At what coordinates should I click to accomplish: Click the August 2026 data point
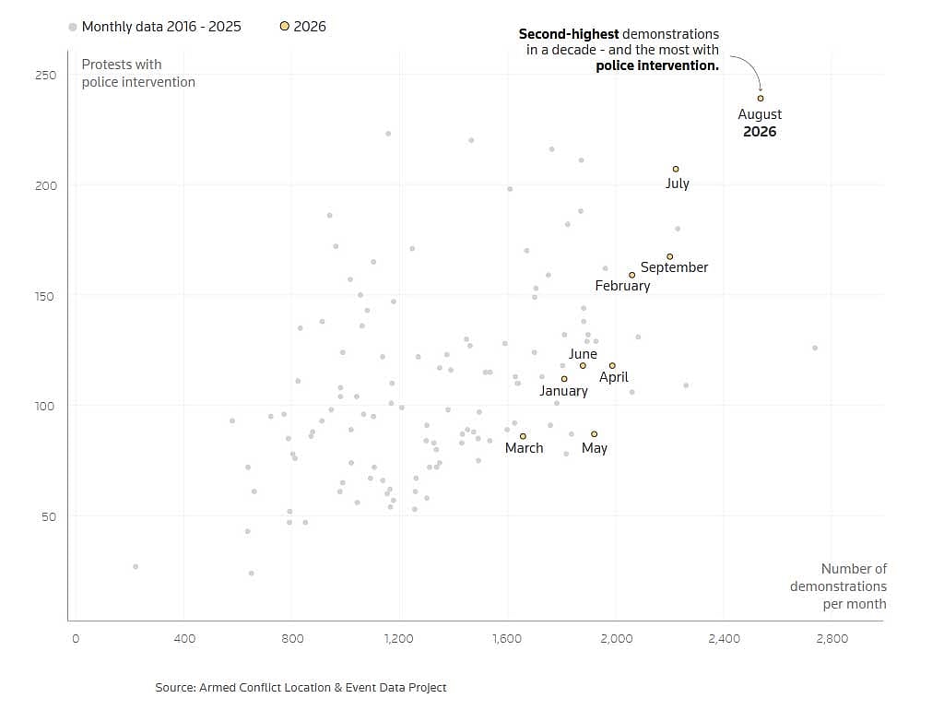click(761, 98)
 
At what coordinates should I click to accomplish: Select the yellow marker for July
click(676, 170)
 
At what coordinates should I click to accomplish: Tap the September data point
click(669, 256)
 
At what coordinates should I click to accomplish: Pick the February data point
click(631, 275)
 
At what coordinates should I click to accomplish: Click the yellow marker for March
click(523, 436)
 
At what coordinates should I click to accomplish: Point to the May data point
click(595, 434)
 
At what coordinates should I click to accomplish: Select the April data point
click(612, 365)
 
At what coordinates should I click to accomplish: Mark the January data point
click(564, 379)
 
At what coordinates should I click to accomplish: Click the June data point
click(583, 365)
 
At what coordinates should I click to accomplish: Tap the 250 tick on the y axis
click(46, 76)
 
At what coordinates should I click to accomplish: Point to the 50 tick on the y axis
click(49, 516)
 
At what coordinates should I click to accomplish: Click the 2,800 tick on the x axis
click(832, 638)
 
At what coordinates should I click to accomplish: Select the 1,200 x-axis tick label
click(398, 638)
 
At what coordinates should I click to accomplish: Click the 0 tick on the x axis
click(76, 638)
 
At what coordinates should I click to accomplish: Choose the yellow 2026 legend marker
click(285, 26)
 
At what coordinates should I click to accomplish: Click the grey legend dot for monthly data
click(73, 27)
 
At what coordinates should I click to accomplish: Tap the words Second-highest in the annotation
click(568, 34)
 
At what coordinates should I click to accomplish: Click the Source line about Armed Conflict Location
click(301, 687)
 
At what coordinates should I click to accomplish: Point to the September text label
click(674, 267)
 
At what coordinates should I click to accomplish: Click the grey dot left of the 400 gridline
click(136, 567)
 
